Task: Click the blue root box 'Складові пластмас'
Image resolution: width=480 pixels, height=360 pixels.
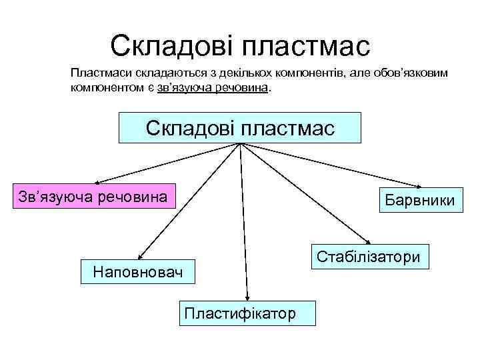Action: tap(240, 127)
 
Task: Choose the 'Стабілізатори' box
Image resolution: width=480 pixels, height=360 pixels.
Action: tap(369, 257)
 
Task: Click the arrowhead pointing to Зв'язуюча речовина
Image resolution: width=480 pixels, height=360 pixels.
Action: tap(95, 181)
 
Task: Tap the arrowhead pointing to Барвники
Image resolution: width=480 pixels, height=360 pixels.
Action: tap(418, 187)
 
